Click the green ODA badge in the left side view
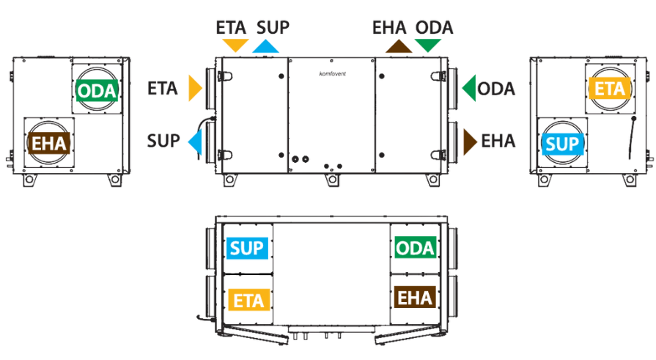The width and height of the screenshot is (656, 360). [x=97, y=91]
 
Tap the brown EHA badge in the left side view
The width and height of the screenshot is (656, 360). [x=49, y=144]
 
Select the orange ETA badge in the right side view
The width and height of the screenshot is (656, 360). [x=609, y=88]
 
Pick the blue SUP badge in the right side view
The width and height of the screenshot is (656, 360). [x=562, y=144]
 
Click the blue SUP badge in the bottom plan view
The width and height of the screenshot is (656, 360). [x=247, y=249]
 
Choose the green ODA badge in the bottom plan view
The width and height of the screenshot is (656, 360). [x=416, y=249]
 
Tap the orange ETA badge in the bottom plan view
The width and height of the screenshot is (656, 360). [x=248, y=300]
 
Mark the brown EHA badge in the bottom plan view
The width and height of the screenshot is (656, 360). [x=415, y=297]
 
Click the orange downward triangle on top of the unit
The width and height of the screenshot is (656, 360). [x=235, y=45]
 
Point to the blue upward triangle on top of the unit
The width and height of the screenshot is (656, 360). [x=265, y=47]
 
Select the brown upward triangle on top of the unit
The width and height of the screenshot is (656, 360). [x=399, y=47]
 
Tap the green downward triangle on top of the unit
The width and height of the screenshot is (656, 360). [x=428, y=45]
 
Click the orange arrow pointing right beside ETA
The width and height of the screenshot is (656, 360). [x=194, y=88]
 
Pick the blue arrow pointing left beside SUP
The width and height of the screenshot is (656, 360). [x=196, y=142]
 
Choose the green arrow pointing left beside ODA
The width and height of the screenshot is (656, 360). [x=469, y=88]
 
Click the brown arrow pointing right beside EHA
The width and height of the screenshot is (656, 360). [x=469, y=142]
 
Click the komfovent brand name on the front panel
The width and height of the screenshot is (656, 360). [x=333, y=74]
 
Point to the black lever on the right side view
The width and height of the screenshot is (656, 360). [x=632, y=138]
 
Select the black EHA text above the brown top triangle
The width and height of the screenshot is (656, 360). [x=389, y=28]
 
